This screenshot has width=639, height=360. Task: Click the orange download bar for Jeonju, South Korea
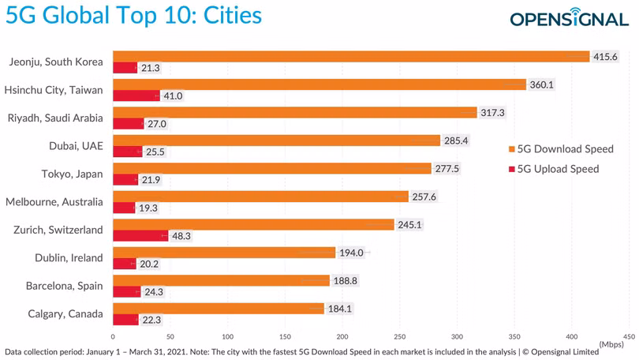coord(351,56)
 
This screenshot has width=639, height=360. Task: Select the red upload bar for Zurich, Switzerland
coord(140,235)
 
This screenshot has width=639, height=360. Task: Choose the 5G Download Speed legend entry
coord(555,149)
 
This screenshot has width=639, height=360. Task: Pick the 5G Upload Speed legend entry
coord(553,169)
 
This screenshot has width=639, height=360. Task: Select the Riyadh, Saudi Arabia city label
coord(55,118)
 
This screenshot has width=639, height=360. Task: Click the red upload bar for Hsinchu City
coord(136,96)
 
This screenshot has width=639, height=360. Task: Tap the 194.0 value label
coord(350,253)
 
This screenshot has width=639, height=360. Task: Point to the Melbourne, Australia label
coord(54,202)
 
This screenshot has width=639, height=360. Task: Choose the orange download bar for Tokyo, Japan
coord(272,168)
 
